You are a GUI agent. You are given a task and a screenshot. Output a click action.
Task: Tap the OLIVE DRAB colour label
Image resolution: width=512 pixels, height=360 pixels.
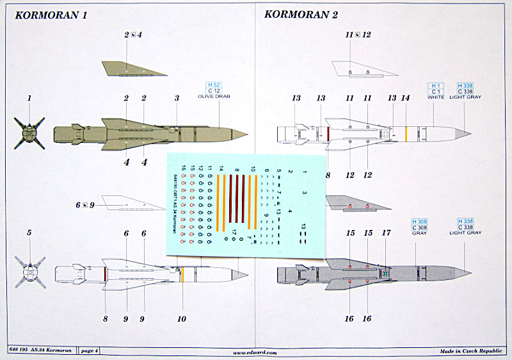pos(213,97)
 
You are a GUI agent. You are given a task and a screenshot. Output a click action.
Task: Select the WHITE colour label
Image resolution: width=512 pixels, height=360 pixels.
pos(436,97)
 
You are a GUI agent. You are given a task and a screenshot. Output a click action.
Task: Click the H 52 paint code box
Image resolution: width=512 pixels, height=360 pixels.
pos(213,85)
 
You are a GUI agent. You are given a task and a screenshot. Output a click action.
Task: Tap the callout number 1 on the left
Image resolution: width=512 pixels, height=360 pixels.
pos(29,98)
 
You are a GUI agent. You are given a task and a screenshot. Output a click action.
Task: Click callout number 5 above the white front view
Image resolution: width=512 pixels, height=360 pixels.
pos(29,232)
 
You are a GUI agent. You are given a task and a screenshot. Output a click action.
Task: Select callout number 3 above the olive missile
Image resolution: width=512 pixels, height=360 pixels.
pos(176,98)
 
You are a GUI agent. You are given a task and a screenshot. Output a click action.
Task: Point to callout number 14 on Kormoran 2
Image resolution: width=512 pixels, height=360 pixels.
pos(405,98)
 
